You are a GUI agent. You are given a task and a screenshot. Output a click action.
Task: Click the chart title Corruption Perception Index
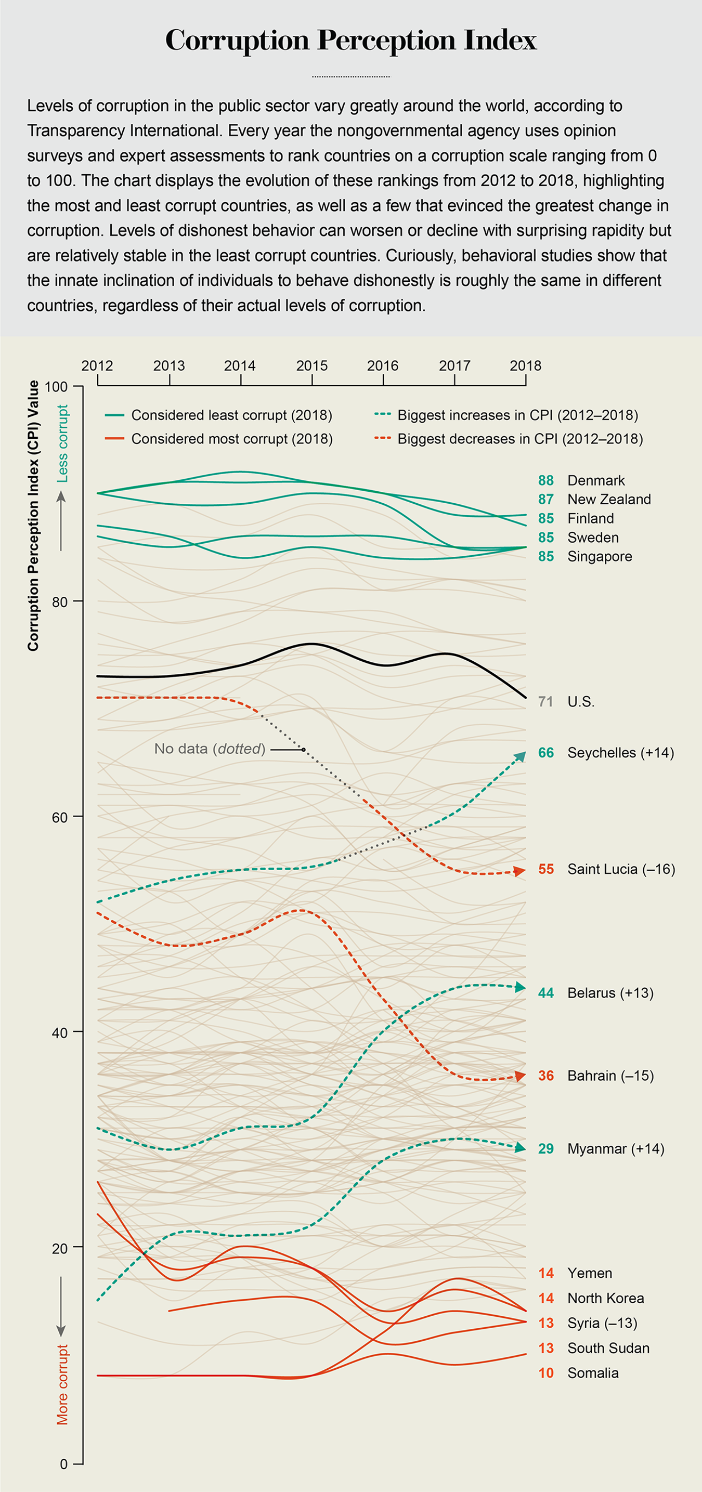351,41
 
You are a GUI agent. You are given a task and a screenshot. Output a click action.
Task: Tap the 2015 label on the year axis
311,365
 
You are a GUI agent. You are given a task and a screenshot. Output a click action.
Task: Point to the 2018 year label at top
525,365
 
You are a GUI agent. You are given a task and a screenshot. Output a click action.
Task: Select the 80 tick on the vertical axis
60,602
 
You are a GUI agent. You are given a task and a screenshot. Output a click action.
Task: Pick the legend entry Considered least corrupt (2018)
231,415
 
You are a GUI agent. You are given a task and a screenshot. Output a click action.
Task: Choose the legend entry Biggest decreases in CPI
519,439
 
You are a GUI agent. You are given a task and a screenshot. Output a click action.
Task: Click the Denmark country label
595,481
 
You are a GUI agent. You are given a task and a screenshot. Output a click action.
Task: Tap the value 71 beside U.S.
545,702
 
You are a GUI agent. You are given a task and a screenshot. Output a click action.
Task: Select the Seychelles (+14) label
620,753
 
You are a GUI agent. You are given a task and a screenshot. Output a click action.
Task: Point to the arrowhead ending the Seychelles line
521,756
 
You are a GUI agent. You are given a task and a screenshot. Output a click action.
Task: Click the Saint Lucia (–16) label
621,869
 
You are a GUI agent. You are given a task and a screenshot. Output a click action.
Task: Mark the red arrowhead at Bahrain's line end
521,1076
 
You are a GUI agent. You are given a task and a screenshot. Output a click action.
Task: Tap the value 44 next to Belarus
545,993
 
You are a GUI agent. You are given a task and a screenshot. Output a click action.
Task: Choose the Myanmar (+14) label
615,1149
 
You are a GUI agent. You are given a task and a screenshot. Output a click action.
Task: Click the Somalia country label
592,1373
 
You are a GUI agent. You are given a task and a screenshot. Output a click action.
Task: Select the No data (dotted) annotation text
210,749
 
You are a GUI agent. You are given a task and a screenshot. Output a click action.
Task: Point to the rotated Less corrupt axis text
62,443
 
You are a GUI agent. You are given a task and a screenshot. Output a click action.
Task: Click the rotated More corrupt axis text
62,1385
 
